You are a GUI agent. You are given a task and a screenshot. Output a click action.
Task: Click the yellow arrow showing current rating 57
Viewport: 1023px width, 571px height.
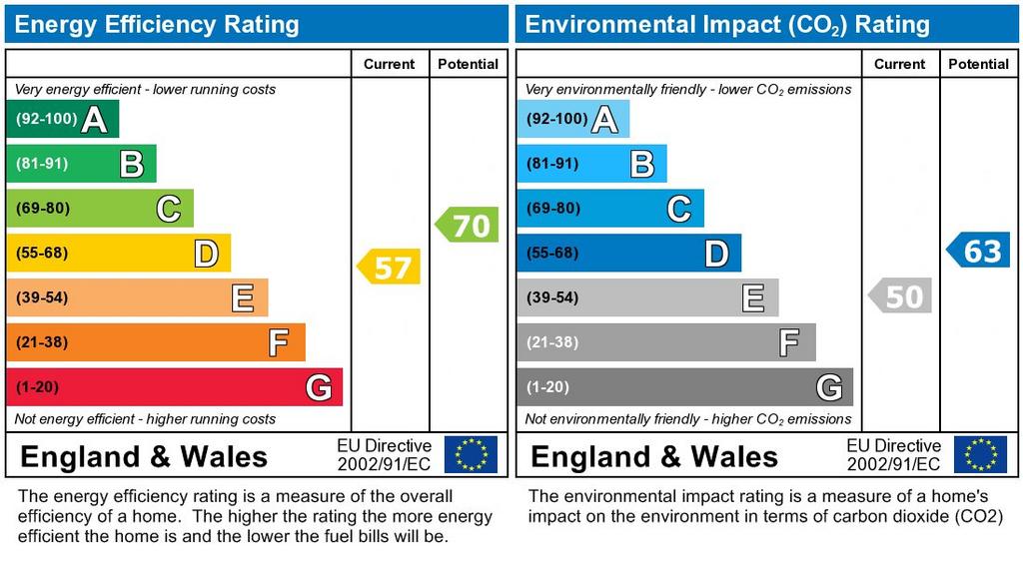pyautogui.click(x=390, y=267)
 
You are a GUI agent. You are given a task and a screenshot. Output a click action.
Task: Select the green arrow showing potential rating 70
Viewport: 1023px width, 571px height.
pyautogui.click(x=468, y=225)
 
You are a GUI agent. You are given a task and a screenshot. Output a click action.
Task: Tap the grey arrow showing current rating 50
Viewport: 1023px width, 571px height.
pyautogui.click(x=900, y=295)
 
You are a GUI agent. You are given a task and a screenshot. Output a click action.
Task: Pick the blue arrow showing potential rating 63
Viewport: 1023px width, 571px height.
pyautogui.click(x=979, y=250)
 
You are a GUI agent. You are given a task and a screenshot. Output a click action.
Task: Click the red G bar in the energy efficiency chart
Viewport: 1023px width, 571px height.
pyautogui.click(x=174, y=387)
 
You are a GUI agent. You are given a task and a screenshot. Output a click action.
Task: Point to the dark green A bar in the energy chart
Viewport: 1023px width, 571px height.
pyautogui.click(x=62, y=120)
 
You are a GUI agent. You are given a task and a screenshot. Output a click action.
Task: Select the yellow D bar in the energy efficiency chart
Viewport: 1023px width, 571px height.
pyautogui.click(x=118, y=254)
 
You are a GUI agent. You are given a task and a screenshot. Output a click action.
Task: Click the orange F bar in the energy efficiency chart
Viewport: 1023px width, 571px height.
pyautogui.click(x=155, y=342)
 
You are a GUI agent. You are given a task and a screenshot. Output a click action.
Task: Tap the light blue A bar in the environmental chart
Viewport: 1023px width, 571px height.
pyautogui.click(x=572, y=120)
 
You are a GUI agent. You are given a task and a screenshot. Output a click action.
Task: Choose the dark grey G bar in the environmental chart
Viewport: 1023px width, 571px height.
pyautogui.click(x=684, y=387)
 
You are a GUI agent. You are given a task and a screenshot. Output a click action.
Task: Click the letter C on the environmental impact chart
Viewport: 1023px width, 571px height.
pyautogui.click(x=678, y=209)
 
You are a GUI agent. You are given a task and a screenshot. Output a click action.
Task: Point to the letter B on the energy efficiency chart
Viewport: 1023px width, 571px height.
pyautogui.click(x=131, y=164)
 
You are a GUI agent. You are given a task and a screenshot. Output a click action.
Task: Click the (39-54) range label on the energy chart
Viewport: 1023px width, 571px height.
pyautogui.click(x=42, y=297)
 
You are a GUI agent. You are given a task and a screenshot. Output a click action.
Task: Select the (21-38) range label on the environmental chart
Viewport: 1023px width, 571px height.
pyautogui.click(x=552, y=342)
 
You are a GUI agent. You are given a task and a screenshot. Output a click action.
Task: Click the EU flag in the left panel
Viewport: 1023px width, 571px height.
pyautogui.click(x=471, y=454)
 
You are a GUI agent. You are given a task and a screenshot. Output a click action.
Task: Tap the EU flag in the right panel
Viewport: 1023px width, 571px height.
pyautogui.click(x=980, y=454)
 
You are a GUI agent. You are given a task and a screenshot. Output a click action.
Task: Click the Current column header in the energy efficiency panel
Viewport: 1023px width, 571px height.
pyautogui.click(x=389, y=64)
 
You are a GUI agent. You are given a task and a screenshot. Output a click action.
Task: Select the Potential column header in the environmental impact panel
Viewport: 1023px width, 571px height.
pyautogui.click(x=978, y=64)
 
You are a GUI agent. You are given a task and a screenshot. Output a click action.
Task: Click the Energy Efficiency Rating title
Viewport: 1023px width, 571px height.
pyautogui.click(x=157, y=25)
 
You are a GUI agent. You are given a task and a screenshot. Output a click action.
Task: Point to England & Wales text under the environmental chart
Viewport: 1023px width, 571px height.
pyautogui.click(x=654, y=457)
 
